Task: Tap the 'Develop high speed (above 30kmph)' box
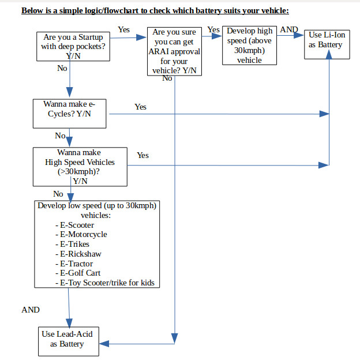(249, 45)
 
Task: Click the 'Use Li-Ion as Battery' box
(328, 41)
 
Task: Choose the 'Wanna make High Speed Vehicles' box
(80, 167)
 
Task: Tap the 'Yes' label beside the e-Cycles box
(140, 107)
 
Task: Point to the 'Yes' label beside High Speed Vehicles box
(142, 155)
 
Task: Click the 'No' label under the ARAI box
(167, 78)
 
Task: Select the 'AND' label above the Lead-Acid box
(31, 310)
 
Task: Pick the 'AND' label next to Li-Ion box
(288, 30)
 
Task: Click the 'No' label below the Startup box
(62, 67)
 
